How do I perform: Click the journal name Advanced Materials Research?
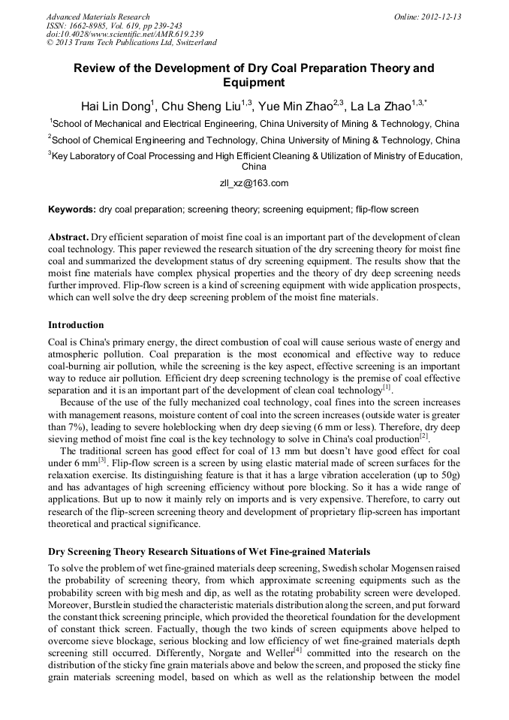(x=98, y=17)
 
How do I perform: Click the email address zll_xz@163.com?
(x=254, y=183)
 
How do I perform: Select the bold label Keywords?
(x=72, y=209)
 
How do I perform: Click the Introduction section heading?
(x=76, y=325)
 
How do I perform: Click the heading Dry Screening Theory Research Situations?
(x=209, y=552)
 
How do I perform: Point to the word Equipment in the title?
(x=254, y=83)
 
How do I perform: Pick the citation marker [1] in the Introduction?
(x=387, y=388)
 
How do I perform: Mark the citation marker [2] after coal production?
(x=424, y=436)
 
